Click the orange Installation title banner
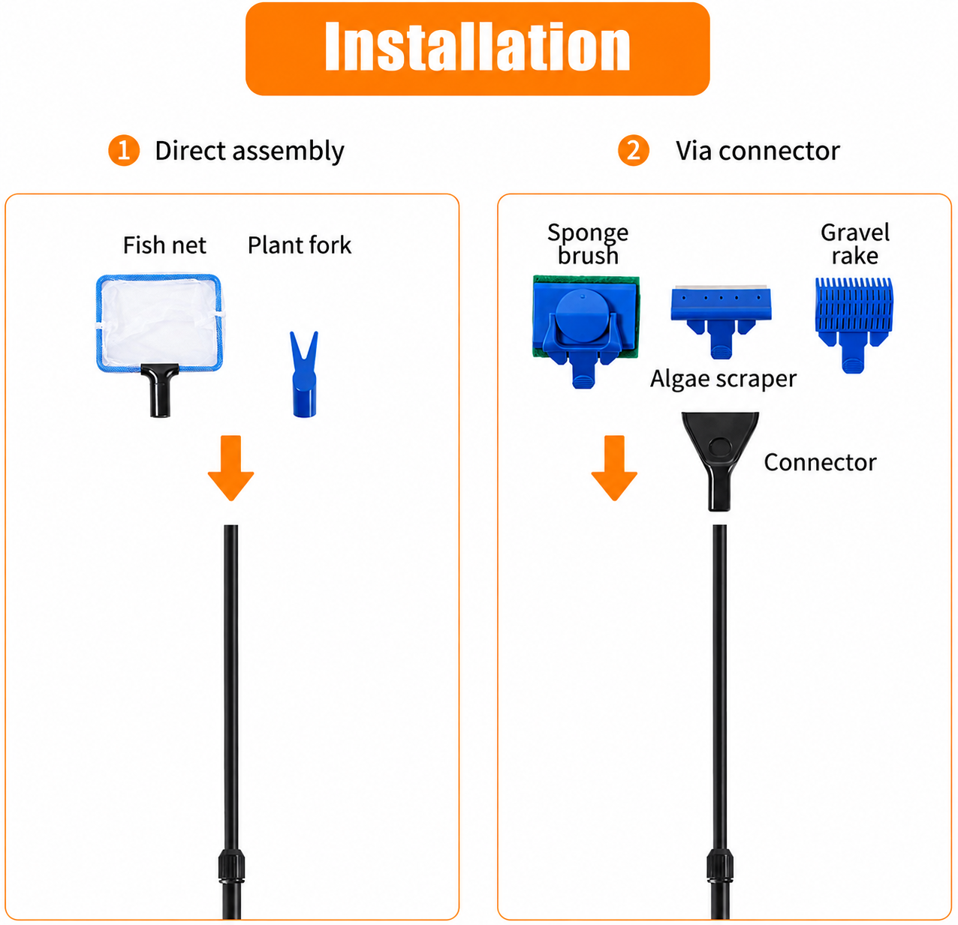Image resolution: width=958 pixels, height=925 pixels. tap(477, 49)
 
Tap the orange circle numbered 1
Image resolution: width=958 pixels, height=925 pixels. tap(124, 151)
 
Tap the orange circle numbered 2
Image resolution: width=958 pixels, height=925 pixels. tap(634, 151)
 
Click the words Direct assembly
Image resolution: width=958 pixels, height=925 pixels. tap(249, 151)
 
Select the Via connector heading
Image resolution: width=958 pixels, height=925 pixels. tap(758, 151)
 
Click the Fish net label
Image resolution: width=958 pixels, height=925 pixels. tap(164, 245)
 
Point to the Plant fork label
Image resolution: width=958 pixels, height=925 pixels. tap(300, 245)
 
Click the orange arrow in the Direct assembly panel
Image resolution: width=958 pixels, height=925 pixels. tap(231, 468)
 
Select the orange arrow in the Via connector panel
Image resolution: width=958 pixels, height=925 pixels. tap(614, 468)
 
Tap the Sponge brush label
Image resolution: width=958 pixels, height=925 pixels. tap(588, 244)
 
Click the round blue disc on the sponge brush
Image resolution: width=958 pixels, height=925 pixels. tap(583, 316)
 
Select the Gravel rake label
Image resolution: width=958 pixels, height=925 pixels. tap(855, 244)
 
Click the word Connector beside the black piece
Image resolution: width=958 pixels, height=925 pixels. tap(820, 462)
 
